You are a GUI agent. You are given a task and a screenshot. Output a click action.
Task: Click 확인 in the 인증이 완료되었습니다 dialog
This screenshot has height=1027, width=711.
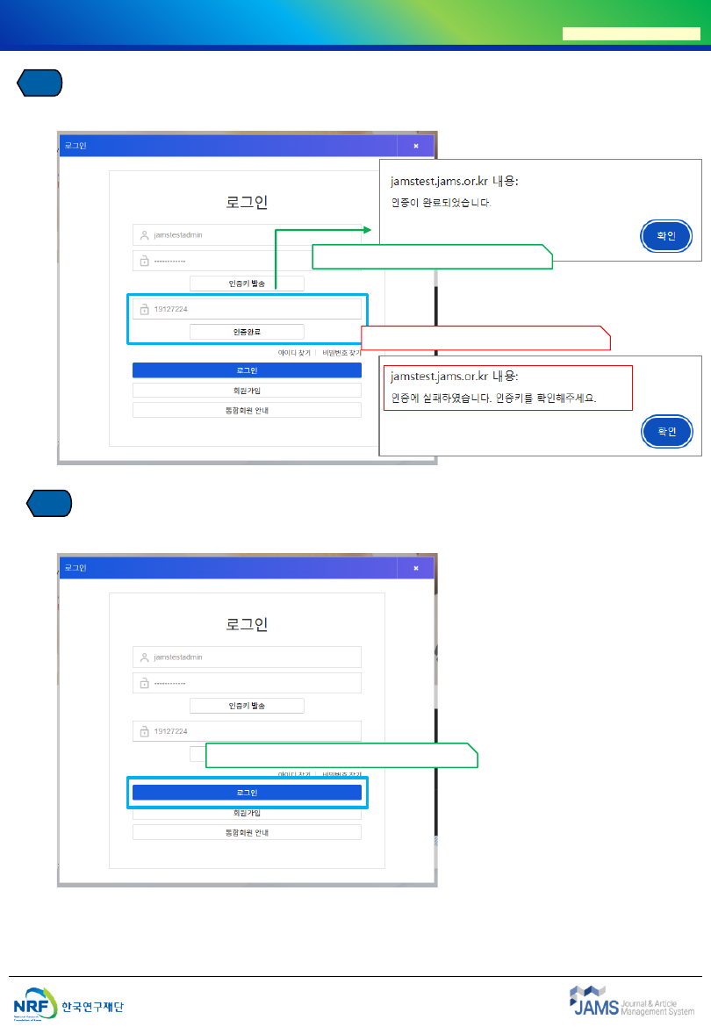click(666, 236)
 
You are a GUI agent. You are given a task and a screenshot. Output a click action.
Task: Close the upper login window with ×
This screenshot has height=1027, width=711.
click(416, 146)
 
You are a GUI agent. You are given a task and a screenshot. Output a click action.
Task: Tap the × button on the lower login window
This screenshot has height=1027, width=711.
click(416, 568)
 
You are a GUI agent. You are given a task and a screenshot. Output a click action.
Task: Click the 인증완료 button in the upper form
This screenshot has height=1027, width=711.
click(247, 332)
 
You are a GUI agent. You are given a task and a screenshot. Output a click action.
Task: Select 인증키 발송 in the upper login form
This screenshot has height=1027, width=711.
click(247, 284)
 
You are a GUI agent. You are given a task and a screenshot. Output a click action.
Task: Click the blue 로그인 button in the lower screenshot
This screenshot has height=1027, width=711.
click(247, 793)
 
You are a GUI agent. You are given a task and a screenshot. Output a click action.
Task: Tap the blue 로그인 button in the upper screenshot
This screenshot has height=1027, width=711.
click(247, 370)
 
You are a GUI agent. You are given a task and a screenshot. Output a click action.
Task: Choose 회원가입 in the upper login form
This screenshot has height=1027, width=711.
click(247, 391)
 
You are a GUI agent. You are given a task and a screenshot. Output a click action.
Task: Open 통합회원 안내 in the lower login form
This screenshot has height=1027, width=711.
click(247, 831)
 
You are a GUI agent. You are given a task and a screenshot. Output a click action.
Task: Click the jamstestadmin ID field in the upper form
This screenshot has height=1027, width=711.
click(247, 235)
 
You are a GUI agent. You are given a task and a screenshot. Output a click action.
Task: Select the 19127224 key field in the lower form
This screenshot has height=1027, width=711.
click(247, 731)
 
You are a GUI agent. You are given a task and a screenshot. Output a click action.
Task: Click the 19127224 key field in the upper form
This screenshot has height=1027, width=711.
click(247, 309)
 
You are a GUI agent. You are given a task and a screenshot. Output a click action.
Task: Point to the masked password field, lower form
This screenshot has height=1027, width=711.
click(247, 683)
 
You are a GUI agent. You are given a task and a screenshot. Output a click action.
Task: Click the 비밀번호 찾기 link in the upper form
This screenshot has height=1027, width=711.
click(341, 352)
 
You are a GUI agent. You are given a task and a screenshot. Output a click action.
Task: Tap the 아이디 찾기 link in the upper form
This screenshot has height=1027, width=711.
click(294, 352)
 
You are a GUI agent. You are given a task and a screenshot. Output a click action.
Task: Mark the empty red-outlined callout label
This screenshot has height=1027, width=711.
click(485, 337)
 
